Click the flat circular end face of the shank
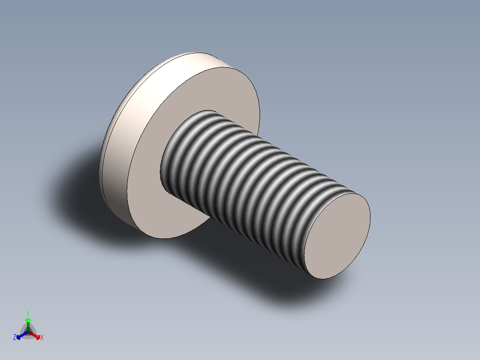(x=337, y=236)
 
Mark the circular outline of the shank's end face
(x=370, y=214)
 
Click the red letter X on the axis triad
(x=42, y=338)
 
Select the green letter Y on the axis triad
(x=28, y=313)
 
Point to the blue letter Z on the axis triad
(x=15, y=338)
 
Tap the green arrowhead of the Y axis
(x=28, y=320)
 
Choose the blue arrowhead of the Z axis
(x=19, y=336)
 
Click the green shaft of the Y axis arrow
(x=28, y=327)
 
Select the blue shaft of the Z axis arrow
(x=24, y=334)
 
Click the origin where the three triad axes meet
(x=28, y=332)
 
